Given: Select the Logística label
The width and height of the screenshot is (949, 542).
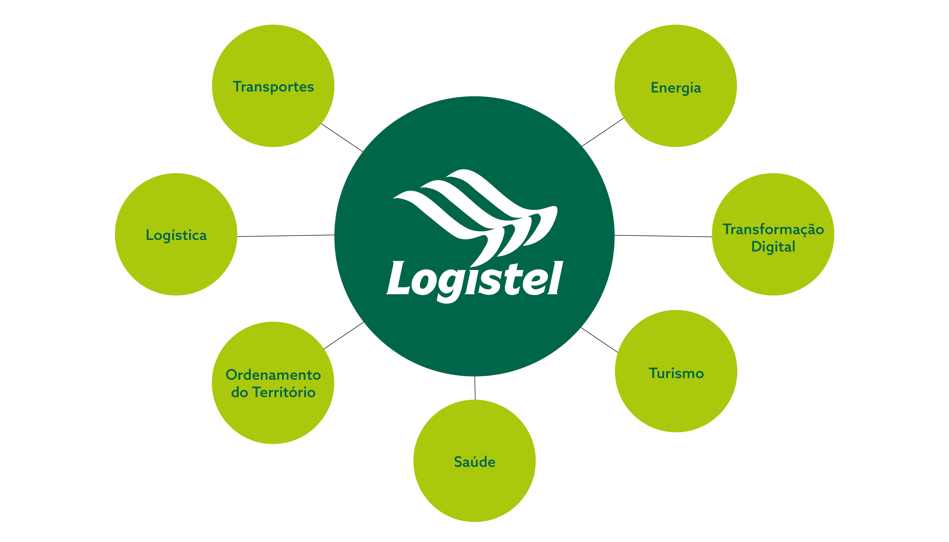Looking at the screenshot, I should point(176,235).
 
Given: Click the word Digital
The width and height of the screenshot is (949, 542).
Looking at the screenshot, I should point(773,247).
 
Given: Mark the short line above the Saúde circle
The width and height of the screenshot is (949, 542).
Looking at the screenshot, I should point(475,388).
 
